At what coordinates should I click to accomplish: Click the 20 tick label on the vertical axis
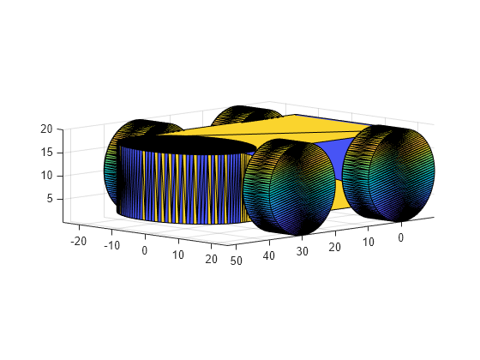[x=46, y=129]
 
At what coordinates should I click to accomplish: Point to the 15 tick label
[x=46, y=153]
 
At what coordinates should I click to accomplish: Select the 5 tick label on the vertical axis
[x=50, y=199]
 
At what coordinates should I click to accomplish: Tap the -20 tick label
[x=79, y=241]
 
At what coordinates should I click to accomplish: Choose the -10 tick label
[x=112, y=245]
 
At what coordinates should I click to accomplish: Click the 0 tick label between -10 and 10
[x=145, y=250]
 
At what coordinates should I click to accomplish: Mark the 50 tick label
[x=237, y=261]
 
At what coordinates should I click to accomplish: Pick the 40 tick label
[x=269, y=255]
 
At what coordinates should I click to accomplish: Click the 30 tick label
[x=302, y=251]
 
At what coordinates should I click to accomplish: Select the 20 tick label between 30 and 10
[x=335, y=247]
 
